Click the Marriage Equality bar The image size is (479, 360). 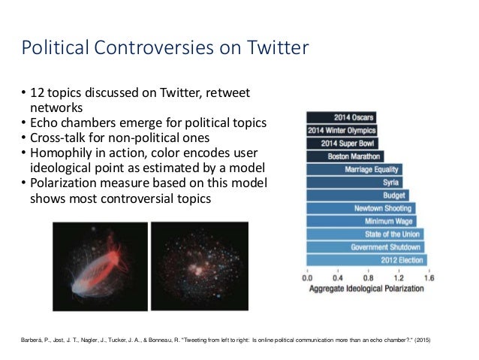(x=354, y=170)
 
